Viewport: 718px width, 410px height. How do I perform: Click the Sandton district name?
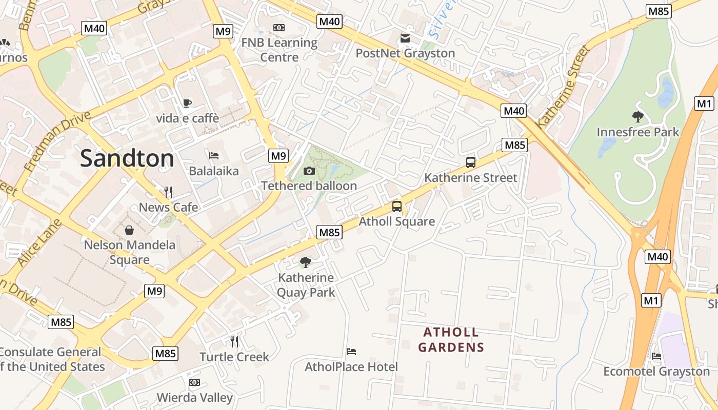127,158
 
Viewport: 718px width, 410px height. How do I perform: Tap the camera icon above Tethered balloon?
309,171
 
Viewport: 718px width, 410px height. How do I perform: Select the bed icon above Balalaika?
214,155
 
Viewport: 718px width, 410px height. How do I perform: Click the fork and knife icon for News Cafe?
168,192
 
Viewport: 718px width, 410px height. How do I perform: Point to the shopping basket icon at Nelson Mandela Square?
129,230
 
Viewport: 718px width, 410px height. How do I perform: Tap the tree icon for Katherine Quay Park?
306,262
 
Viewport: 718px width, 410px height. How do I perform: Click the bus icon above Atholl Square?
396,207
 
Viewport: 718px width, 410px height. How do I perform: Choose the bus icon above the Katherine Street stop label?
470,162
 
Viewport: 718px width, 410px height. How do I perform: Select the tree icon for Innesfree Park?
637,117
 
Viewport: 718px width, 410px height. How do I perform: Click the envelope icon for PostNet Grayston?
405,38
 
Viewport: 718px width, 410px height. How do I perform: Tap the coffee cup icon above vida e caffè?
187,103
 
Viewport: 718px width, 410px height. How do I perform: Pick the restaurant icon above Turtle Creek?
234,341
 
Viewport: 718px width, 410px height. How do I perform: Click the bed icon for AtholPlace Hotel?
351,352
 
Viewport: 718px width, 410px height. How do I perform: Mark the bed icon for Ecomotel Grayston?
656,356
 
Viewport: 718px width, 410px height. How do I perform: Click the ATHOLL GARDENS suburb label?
451,340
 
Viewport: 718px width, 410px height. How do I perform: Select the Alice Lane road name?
39,242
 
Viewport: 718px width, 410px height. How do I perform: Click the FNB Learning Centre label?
279,50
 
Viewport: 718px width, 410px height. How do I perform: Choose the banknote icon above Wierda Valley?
194,382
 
